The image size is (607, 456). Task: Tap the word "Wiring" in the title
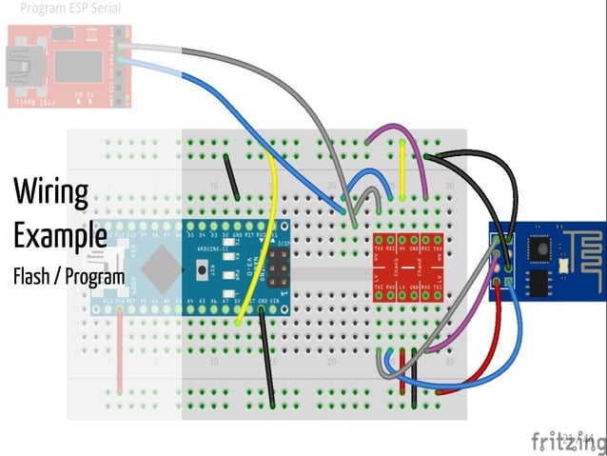(x=50, y=192)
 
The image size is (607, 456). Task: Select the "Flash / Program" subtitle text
(x=69, y=277)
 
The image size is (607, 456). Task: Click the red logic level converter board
(x=407, y=267)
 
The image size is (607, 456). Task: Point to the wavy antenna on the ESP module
(x=583, y=255)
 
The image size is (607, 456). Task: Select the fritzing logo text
(x=567, y=440)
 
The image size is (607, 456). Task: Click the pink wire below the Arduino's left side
(x=119, y=352)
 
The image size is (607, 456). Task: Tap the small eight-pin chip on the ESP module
(x=538, y=283)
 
